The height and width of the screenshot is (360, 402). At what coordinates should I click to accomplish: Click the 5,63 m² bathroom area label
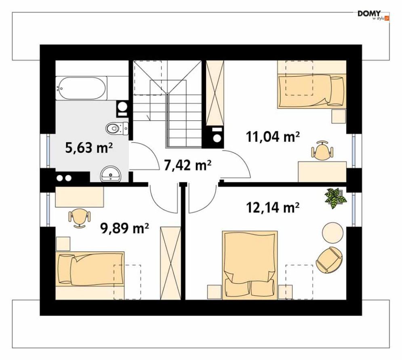click(x=89, y=148)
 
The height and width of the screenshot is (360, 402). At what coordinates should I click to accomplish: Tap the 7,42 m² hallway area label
click(x=187, y=165)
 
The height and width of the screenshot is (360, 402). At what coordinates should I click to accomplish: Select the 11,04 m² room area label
click(x=273, y=137)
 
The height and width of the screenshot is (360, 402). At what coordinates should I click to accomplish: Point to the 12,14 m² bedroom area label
click(x=273, y=207)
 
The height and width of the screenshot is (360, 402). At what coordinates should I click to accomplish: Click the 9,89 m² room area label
click(x=124, y=228)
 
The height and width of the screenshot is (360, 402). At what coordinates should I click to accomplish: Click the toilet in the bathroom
click(x=117, y=128)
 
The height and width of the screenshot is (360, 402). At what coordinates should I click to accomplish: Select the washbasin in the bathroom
click(x=111, y=175)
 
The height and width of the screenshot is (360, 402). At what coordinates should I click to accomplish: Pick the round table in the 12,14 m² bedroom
click(x=332, y=233)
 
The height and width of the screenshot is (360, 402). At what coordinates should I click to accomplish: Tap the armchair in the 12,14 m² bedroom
click(x=329, y=260)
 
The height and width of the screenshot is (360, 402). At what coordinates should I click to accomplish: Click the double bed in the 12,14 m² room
click(x=250, y=265)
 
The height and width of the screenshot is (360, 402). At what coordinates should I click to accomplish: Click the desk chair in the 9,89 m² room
click(x=80, y=218)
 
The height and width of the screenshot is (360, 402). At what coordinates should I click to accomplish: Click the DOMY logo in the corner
click(x=373, y=15)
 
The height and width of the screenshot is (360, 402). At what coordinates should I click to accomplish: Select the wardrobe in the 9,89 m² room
click(x=170, y=263)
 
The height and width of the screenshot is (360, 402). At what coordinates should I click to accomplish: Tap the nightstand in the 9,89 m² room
click(x=63, y=244)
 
